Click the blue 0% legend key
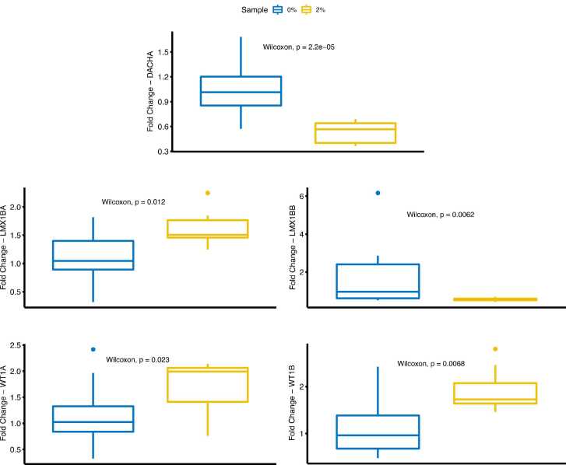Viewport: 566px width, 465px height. tap(276, 9)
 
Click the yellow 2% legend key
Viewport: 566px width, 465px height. tap(307, 9)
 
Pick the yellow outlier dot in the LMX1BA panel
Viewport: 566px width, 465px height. tap(208, 193)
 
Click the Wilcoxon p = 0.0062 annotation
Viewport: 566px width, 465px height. tap(441, 215)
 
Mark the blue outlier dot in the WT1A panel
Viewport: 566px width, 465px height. tap(93, 349)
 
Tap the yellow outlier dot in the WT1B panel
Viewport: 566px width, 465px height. tap(495, 349)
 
